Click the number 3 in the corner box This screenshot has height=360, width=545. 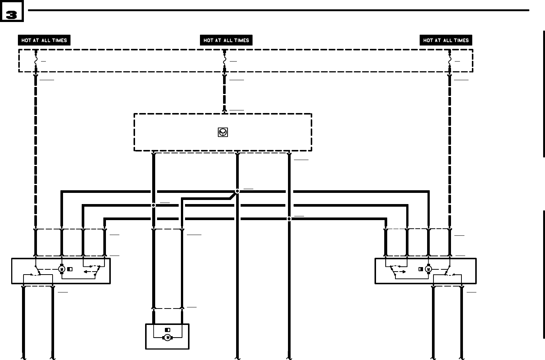(12, 15)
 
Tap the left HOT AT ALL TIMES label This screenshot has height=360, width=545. (44, 40)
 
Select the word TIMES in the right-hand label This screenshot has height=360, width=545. (461, 40)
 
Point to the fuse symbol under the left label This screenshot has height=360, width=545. (36, 60)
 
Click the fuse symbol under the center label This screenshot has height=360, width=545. (225, 60)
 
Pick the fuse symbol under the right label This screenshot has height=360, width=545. (450, 60)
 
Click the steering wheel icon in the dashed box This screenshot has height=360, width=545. (223, 132)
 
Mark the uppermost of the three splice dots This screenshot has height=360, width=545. (237, 191)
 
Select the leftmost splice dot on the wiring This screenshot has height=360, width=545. (153, 205)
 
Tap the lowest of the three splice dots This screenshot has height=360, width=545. (289, 219)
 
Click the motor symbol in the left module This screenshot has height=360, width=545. (62, 269)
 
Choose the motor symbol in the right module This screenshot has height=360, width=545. (428, 269)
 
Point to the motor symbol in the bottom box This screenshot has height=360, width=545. (167, 338)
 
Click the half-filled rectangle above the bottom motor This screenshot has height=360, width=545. (167, 330)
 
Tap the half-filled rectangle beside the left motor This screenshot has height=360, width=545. (70, 269)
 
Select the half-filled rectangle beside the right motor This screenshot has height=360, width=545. (421, 269)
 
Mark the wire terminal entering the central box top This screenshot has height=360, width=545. (225, 110)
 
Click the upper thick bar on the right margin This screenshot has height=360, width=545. (544, 93)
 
